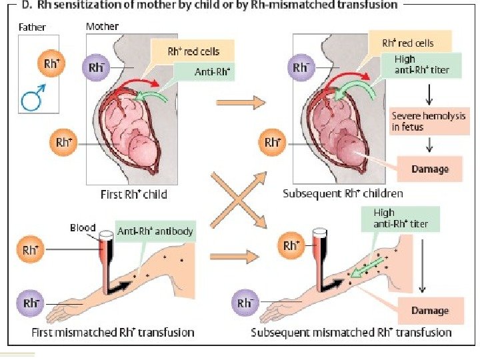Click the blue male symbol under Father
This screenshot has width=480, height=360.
[33, 99]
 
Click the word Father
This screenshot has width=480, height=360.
[33, 28]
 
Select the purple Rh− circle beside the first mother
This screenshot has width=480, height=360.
[95, 68]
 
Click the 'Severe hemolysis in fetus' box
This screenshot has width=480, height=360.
[421, 121]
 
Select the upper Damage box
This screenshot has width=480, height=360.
[429, 169]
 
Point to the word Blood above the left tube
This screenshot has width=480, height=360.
[83, 228]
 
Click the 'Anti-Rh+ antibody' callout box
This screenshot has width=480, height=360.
[155, 232]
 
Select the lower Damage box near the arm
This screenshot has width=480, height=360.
[429, 311]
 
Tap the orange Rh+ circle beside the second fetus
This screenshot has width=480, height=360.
[271, 142]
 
